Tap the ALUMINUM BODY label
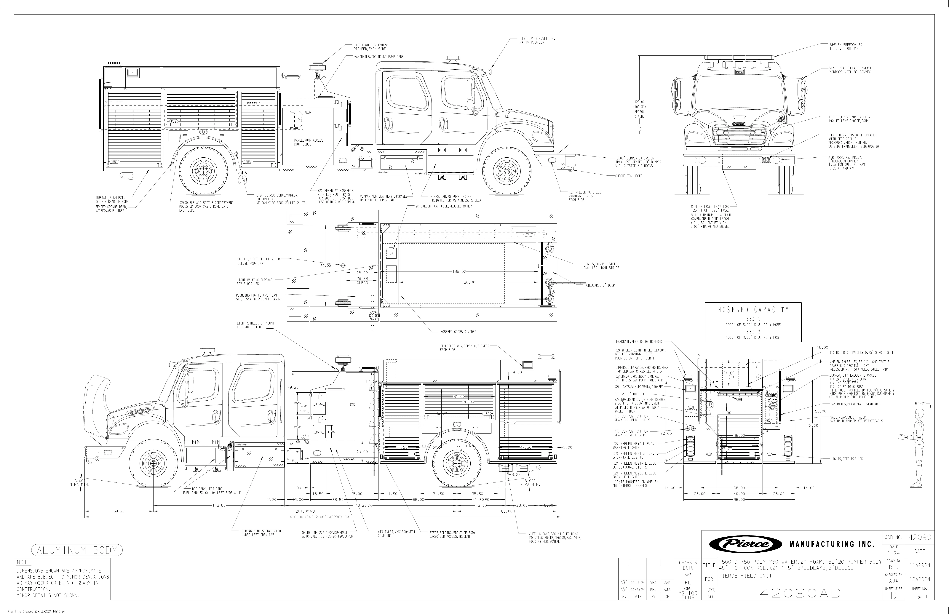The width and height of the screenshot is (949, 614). pyautogui.click(x=77, y=550)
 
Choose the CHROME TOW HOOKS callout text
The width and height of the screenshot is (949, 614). pyautogui.click(x=628, y=176)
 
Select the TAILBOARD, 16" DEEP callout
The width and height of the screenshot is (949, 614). pyautogui.click(x=599, y=285)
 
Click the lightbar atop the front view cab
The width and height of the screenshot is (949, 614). pyautogui.click(x=739, y=58)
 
